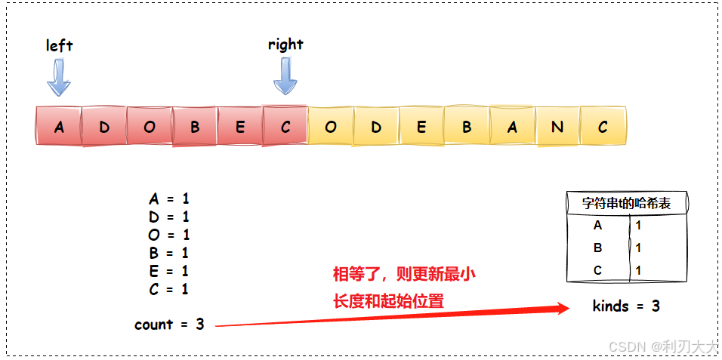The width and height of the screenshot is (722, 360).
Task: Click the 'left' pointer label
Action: point(59,45)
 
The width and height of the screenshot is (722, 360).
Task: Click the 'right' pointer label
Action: point(285,44)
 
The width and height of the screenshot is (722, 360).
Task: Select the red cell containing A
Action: point(59,127)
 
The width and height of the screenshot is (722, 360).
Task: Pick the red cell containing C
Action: point(285,127)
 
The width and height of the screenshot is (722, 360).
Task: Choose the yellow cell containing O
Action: point(331,127)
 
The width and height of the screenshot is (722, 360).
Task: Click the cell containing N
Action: point(557,127)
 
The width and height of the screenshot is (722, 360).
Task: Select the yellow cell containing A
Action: point(512,127)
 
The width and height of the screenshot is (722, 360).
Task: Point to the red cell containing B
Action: point(195,127)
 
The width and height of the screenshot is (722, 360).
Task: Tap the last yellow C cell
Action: point(603,127)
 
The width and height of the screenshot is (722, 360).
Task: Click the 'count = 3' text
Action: point(169,325)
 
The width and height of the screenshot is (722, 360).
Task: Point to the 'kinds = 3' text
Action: point(626,306)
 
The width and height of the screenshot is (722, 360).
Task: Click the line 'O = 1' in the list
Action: point(169,235)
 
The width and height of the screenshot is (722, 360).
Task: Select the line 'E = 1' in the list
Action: point(169,270)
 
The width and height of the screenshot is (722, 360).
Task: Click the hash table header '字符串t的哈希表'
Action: point(626,203)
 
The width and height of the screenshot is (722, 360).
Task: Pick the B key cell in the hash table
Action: point(598,248)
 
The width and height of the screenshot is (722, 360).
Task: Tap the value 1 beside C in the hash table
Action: point(638,270)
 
